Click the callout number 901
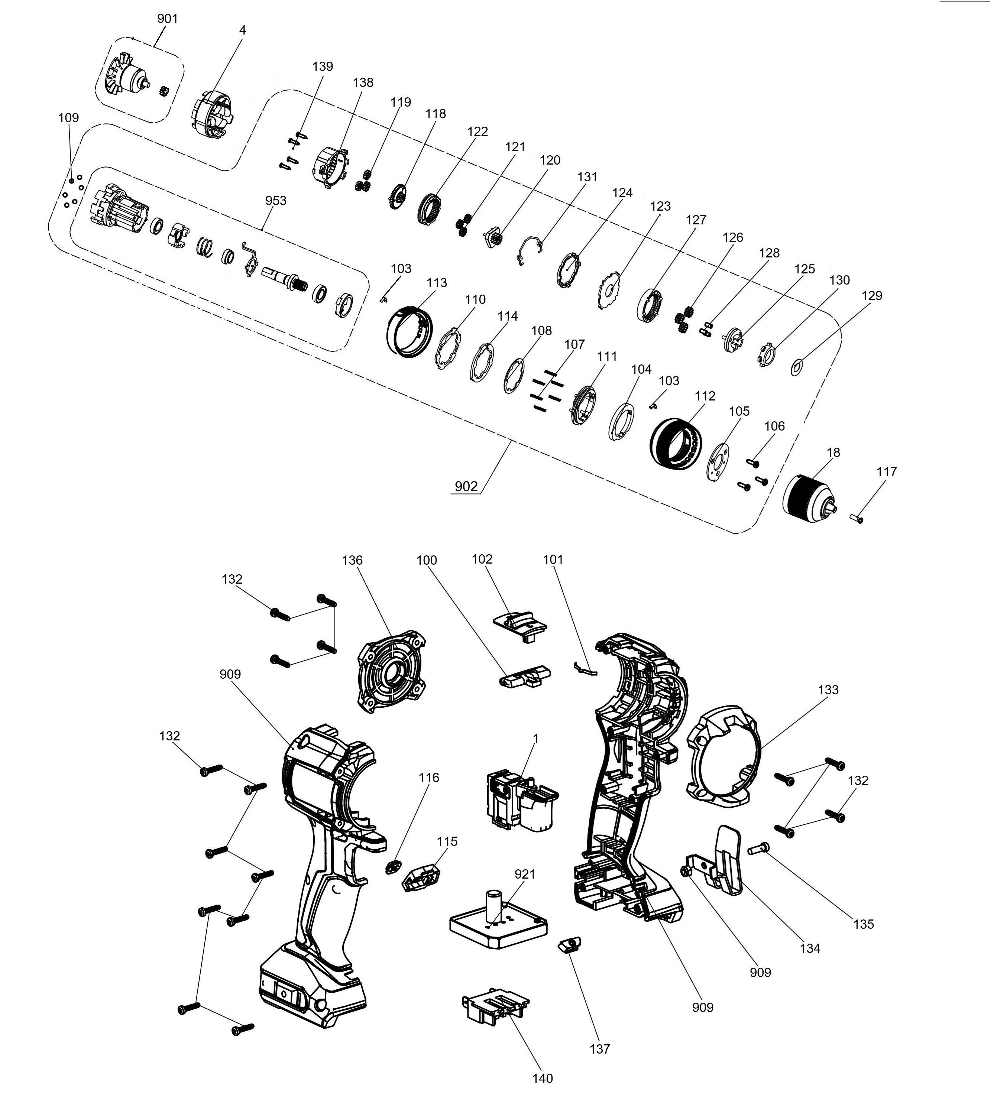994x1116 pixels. (167, 19)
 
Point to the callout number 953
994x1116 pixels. (275, 200)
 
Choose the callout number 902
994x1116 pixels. (466, 486)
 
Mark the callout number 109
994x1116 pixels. (68, 117)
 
